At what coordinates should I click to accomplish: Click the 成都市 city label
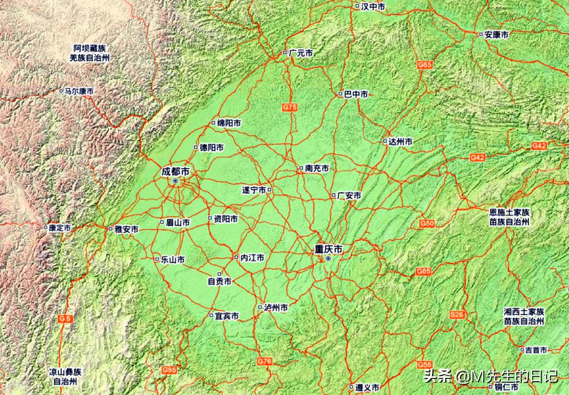click(x=175, y=172)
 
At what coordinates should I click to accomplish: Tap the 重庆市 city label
click(x=328, y=250)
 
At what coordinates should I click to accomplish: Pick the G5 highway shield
click(x=66, y=318)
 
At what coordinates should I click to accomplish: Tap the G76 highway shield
click(x=264, y=362)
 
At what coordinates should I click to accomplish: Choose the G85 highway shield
click(x=169, y=369)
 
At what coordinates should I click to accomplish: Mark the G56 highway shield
click(x=425, y=364)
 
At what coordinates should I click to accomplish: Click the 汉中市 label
click(x=373, y=7)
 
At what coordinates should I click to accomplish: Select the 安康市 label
click(x=496, y=34)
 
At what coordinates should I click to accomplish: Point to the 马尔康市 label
click(x=79, y=91)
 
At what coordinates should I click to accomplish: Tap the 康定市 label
click(x=60, y=228)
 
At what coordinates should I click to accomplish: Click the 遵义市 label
click(x=367, y=387)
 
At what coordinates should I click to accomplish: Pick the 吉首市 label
click(x=536, y=350)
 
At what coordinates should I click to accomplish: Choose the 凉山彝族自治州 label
click(x=64, y=377)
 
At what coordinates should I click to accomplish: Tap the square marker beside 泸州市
click(x=260, y=307)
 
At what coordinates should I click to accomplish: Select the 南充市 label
click(x=317, y=168)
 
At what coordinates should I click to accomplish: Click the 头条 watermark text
click(x=438, y=377)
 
